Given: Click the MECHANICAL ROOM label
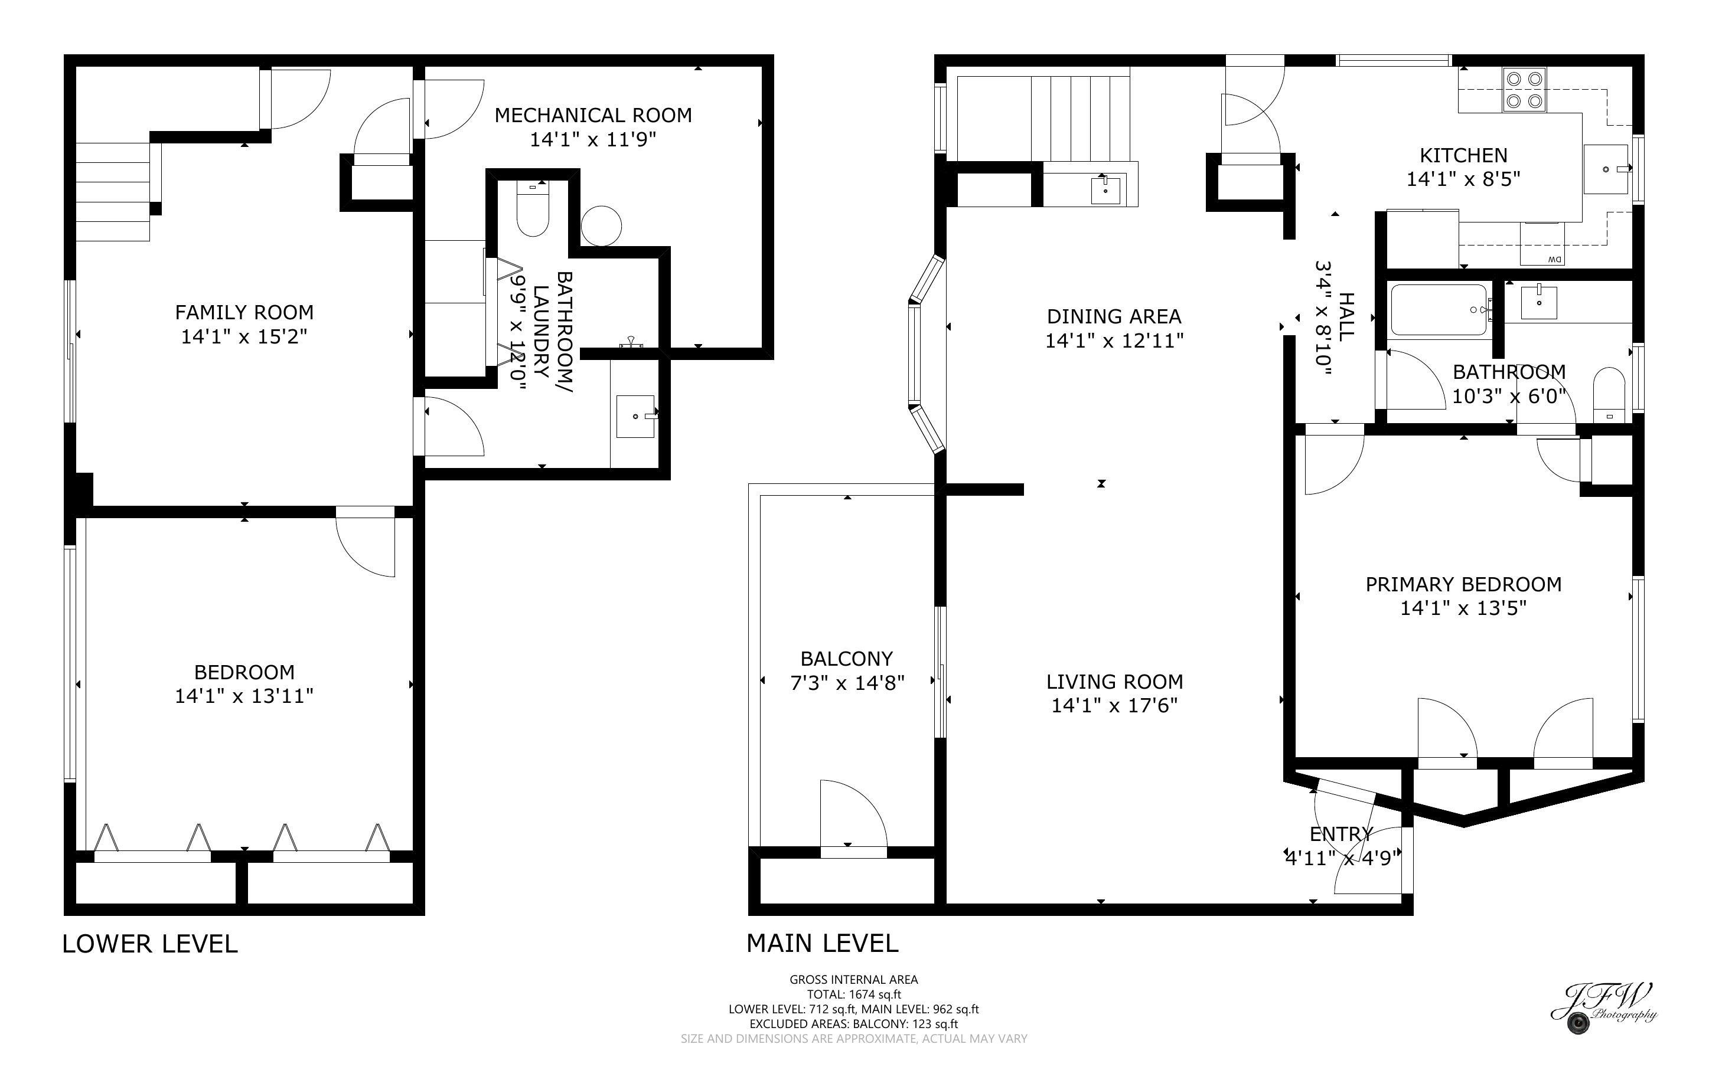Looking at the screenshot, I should click(x=593, y=115).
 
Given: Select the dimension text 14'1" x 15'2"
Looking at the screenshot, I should click(x=244, y=336).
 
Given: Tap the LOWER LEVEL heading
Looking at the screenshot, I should click(x=149, y=944).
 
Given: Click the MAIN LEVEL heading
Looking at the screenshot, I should click(x=823, y=944).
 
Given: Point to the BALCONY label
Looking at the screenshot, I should click(x=846, y=659).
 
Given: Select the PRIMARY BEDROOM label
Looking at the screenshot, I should click(x=1463, y=584).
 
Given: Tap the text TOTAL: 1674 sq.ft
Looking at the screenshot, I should click(x=853, y=994).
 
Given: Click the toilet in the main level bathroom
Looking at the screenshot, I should click(x=1609, y=395).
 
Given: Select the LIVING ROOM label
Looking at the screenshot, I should click(x=1114, y=682).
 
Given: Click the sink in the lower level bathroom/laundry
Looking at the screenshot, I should click(x=635, y=417).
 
